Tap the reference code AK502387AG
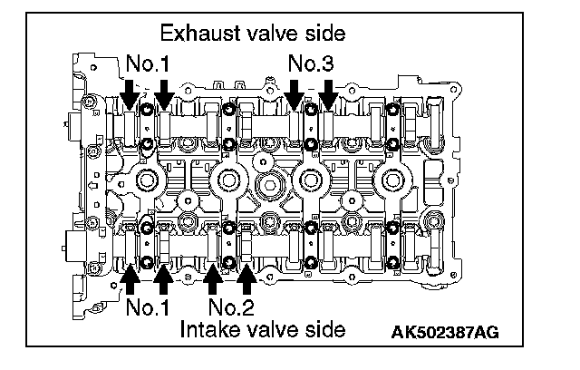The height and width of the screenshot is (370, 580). tap(445, 332)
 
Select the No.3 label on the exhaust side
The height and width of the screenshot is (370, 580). tap(311, 63)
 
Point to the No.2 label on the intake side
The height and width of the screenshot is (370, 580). tap(231, 307)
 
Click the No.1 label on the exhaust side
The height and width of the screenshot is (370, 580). tap(148, 63)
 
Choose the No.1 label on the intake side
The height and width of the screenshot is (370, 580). tap(148, 307)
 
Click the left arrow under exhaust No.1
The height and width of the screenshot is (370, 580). tap(130, 94)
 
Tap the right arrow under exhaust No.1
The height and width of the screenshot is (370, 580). tap(164, 94)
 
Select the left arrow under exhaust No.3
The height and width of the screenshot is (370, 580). tap(295, 94)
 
